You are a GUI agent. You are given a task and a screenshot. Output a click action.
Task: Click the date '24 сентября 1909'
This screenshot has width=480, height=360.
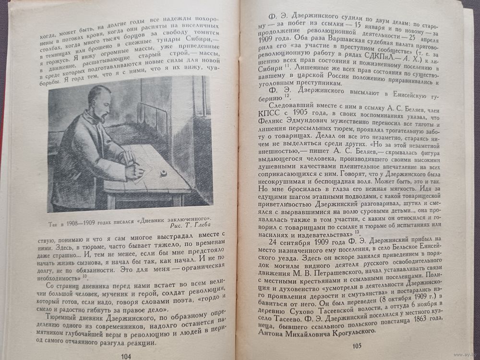300,242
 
